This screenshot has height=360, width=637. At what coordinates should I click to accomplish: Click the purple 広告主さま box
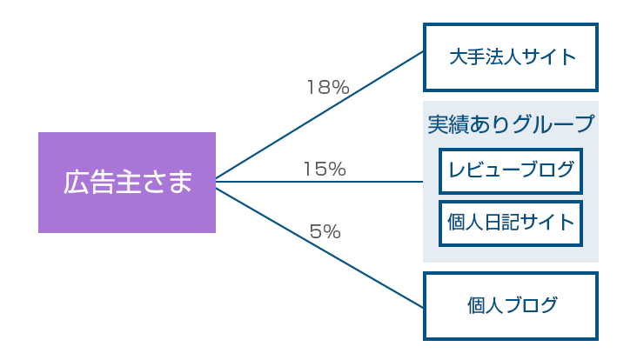tap(127, 183)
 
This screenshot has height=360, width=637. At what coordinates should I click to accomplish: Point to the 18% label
tap(328, 87)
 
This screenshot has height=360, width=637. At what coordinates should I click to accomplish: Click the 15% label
tap(325, 169)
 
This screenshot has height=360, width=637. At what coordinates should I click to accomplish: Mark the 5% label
tap(325, 232)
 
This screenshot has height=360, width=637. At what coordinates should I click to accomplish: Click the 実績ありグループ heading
tap(511, 123)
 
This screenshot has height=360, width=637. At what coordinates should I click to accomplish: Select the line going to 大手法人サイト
tap(319, 115)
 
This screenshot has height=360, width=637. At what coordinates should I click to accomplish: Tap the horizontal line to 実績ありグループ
tap(319, 182)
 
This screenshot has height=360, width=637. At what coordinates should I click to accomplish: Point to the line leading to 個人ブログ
tap(319, 248)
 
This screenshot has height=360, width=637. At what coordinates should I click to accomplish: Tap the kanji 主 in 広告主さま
tap(128, 182)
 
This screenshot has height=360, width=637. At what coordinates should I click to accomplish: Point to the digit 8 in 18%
tap(325, 87)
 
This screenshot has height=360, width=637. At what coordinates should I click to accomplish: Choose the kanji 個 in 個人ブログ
tap(476, 305)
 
